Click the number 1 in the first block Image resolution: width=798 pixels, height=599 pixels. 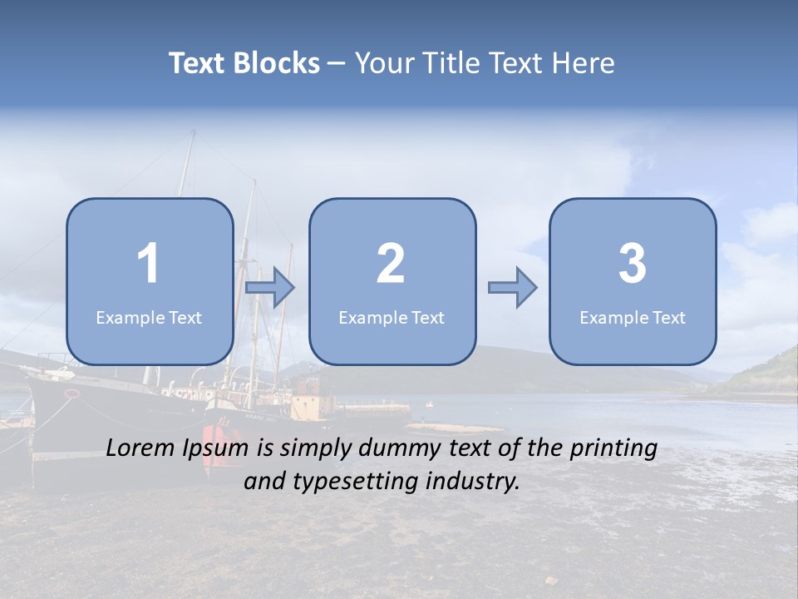click(149, 264)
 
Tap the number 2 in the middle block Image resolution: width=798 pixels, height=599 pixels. click(391, 264)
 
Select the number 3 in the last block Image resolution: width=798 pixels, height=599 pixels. click(633, 264)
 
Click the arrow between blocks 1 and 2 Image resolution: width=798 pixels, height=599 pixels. click(270, 287)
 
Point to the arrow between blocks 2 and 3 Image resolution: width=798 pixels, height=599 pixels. click(513, 287)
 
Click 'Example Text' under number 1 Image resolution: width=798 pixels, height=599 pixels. click(149, 318)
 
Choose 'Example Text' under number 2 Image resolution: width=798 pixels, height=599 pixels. click(392, 318)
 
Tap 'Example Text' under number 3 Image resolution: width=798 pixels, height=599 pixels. click(633, 318)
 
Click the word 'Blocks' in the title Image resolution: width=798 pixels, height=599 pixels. click(277, 63)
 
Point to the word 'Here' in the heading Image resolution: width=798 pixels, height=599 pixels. click(583, 63)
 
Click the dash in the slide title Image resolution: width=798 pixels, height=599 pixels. click(337, 64)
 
